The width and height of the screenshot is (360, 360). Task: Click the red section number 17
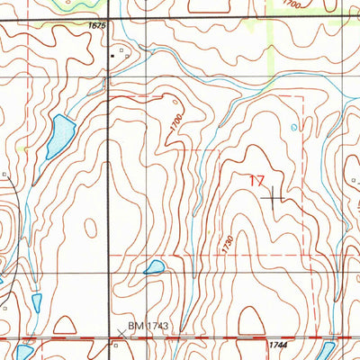pyautogui.click(x=256, y=182)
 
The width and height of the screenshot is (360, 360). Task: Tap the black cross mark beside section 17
pyautogui.click(x=274, y=195)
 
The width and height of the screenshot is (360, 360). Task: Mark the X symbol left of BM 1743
pyautogui.click(x=121, y=333)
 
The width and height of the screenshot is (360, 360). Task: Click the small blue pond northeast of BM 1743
pyautogui.click(x=154, y=267)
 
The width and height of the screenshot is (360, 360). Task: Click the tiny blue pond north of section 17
pyautogui.click(x=293, y=128)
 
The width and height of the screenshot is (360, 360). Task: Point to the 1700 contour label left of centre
pyautogui.click(x=175, y=125)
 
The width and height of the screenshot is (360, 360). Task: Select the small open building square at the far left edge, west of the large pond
pyautogui.click(x=4, y=175)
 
